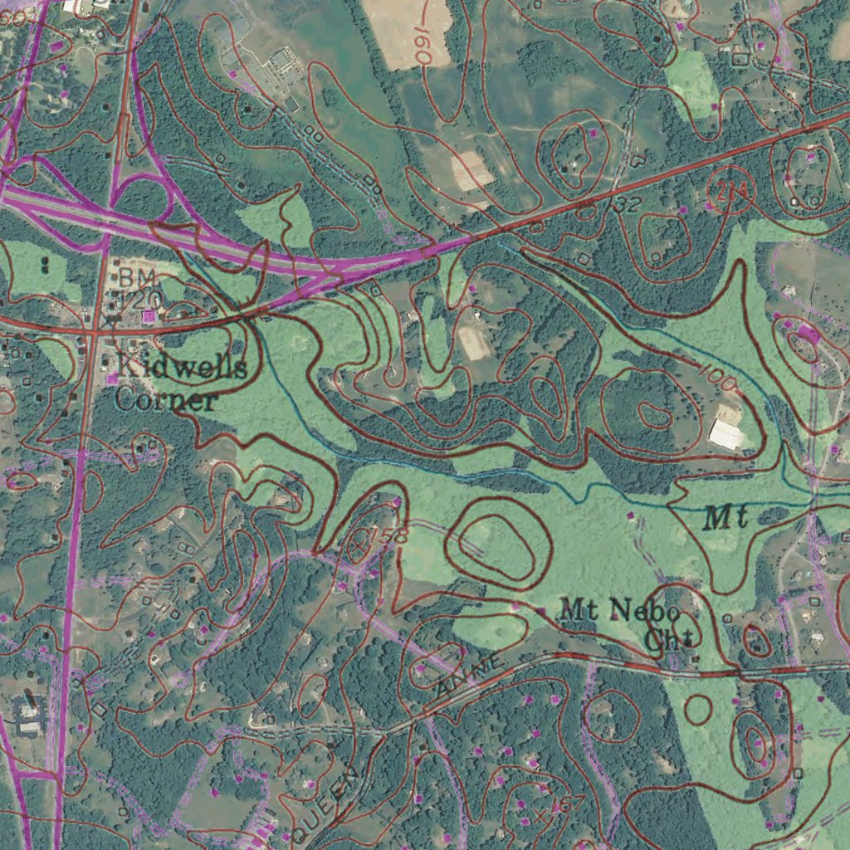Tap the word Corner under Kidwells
(x=165, y=401)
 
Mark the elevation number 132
(x=623, y=204)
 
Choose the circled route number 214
(x=729, y=193)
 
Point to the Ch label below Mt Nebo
(x=667, y=639)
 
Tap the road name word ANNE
(x=470, y=675)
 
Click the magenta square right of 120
(x=149, y=316)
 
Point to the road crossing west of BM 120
(x=94, y=330)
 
